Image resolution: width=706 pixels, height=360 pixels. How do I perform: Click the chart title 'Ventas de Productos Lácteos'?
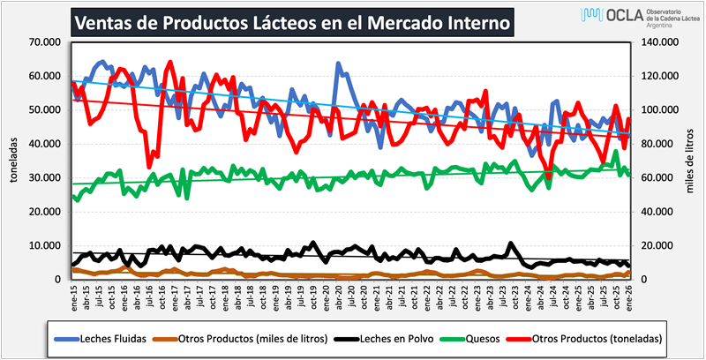click(291, 22)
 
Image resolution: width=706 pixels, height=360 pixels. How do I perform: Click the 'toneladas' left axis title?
click(14, 161)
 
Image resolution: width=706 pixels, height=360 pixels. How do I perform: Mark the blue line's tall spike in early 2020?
click(338, 64)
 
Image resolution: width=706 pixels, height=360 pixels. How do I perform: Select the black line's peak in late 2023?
click(511, 244)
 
